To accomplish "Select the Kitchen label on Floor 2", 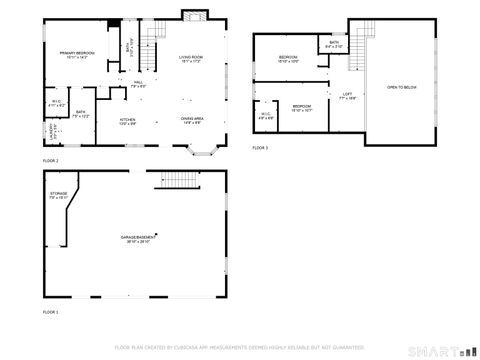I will point(128,120).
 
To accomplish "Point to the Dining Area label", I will point(193,120).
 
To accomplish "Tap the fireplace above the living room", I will point(193,15).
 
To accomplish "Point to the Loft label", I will point(346,96).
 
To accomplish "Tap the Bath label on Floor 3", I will point(333,43).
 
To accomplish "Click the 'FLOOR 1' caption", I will point(50,312).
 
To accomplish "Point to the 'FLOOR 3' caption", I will point(260,147).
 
